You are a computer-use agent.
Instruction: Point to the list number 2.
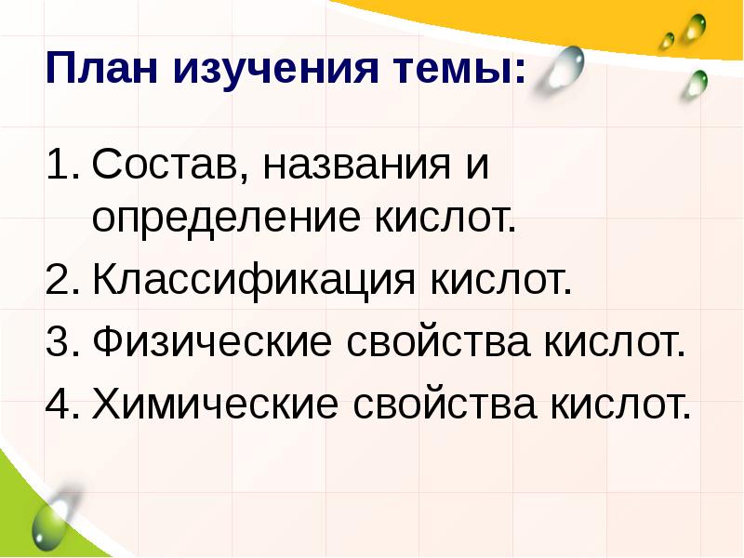tap(60, 281)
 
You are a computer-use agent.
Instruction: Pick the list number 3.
tap(60, 343)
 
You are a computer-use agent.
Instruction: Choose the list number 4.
tap(60, 405)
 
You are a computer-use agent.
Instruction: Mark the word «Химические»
tap(215, 405)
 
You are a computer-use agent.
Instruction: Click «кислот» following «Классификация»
tap(498, 281)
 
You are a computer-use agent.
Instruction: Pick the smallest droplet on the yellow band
tap(667, 40)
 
